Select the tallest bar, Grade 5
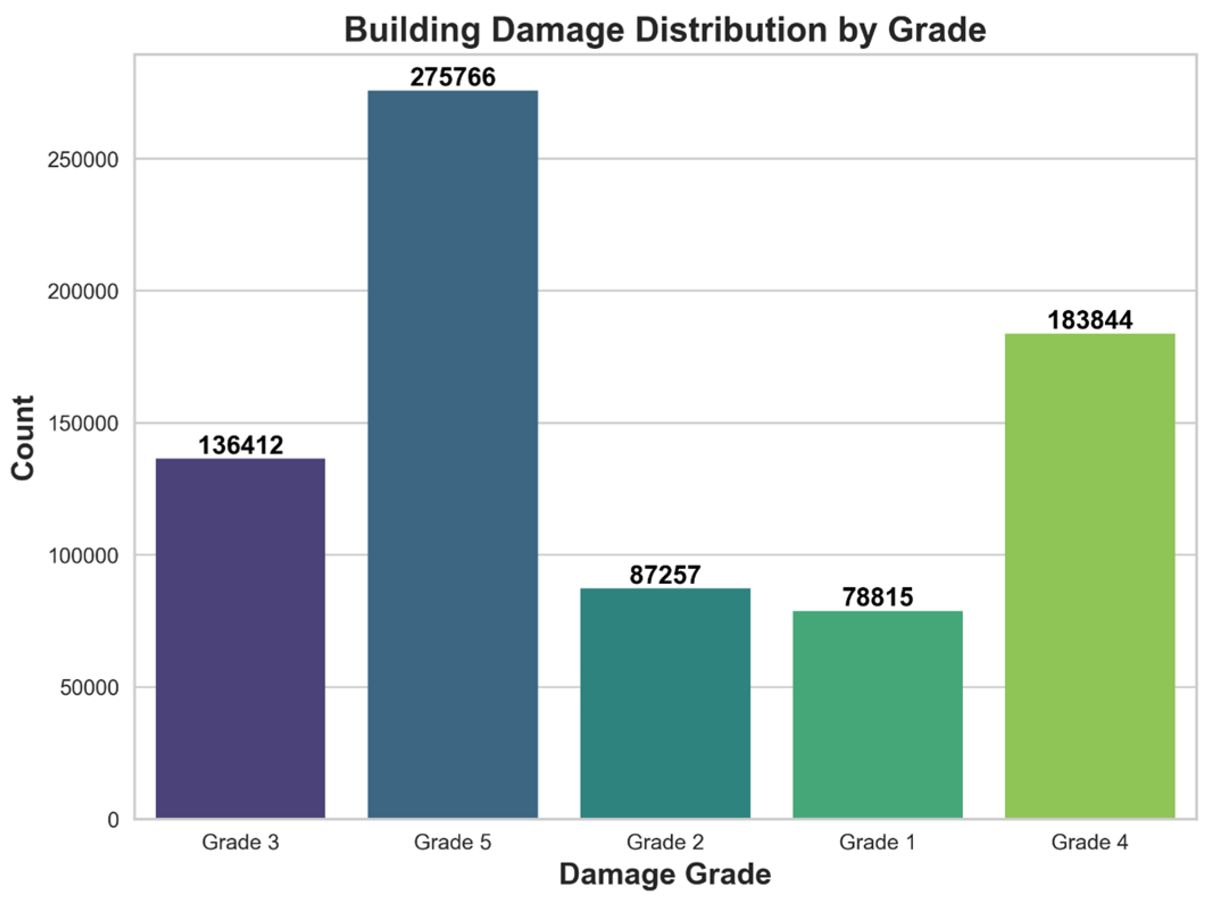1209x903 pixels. [453, 454]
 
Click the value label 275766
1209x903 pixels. [453, 77]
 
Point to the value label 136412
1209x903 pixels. [240, 445]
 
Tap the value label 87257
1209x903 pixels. [665, 575]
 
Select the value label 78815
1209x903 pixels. [878, 597]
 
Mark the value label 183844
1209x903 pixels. [1090, 320]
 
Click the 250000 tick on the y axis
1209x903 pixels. [83, 160]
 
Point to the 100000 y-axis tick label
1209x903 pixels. [83, 555]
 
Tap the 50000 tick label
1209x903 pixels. [89, 688]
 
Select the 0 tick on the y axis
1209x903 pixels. [113, 820]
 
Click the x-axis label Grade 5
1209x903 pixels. [453, 842]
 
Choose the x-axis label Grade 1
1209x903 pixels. [878, 842]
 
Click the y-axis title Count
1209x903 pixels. [23, 438]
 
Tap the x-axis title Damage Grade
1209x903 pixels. [665, 875]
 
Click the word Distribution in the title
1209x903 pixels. [731, 30]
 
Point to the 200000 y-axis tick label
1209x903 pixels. [83, 291]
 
